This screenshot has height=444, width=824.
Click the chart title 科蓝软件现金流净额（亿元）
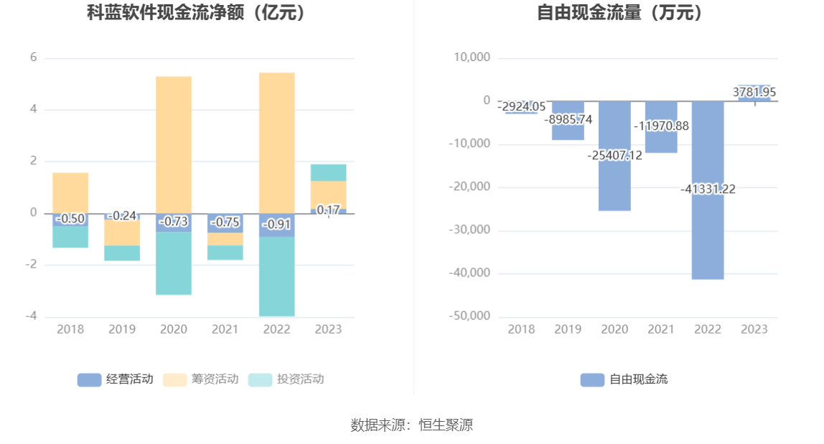pos(196,12)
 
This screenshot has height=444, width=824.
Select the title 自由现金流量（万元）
pos(620,12)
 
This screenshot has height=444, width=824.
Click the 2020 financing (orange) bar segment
pos(174,143)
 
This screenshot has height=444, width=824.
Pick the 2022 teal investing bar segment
pos(277,276)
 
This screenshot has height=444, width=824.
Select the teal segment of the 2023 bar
pos(329,172)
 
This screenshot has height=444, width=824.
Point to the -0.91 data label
pos(277,225)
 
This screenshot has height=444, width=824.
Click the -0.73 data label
pos(174,222)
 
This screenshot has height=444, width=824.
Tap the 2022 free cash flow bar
pos(708,237)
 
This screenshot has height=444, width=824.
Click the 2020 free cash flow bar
pos(614,186)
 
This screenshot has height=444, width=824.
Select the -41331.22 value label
pos(708,189)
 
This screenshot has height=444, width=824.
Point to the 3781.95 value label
pos(754,93)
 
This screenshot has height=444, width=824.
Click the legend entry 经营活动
pos(116,379)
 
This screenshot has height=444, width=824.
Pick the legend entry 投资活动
pos(286,379)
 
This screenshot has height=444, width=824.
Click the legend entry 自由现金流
pos(624,379)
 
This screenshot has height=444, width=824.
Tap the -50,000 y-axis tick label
pos(469,316)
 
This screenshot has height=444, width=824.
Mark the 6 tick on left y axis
pos(33,58)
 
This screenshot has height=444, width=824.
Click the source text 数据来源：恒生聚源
pos(412,425)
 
